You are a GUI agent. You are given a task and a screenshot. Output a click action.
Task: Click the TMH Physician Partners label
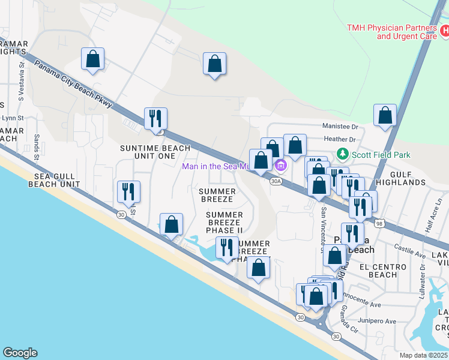(391, 32)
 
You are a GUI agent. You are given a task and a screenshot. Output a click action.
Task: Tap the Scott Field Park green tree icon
(343, 154)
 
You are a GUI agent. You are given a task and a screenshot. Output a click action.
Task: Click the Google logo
(20, 353)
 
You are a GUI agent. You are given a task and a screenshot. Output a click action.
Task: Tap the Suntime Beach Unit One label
(155, 152)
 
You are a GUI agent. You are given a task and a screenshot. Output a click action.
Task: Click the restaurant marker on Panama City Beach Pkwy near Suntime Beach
(155, 119)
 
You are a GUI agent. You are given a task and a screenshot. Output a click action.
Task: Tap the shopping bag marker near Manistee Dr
(385, 115)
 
